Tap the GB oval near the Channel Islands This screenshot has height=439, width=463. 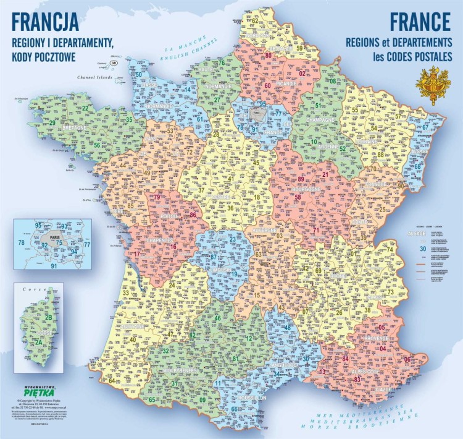click(x=113, y=63)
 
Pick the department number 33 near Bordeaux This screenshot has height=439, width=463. click(x=126, y=292)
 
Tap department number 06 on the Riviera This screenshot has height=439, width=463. click(x=407, y=360)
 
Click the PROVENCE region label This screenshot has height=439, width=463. click(x=377, y=339)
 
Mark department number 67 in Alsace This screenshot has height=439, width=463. click(x=425, y=127)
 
